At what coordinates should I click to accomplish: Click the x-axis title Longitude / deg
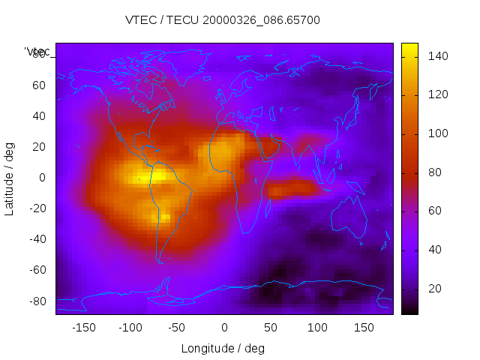pyautogui.click(x=223, y=349)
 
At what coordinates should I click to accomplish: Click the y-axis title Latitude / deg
pyautogui.click(x=10, y=178)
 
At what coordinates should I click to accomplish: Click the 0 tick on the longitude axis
pyautogui.click(x=223, y=328)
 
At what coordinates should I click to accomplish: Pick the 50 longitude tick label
pyautogui.click(x=270, y=328)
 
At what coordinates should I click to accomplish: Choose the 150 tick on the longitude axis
pyautogui.click(x=363, y=328)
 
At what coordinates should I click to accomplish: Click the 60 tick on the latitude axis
pyautogui.click(x=38, y=85)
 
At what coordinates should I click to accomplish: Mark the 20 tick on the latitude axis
pyautogui.click(x=38, y=147)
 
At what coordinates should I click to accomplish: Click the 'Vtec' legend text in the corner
pyautogui.click(x=37, y=52)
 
